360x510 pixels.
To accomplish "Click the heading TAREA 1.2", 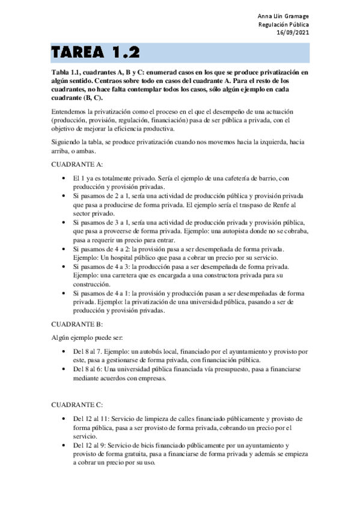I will click(96, 52).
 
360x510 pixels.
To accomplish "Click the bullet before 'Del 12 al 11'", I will click(64, 419).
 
